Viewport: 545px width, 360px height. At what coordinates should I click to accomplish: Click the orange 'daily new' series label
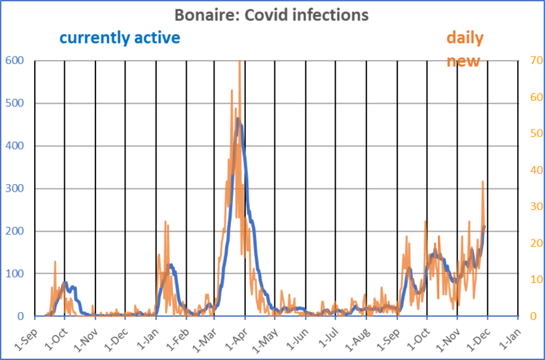(x=465, y=49)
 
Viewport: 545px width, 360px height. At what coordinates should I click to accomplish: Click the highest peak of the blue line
(x=238, y=119)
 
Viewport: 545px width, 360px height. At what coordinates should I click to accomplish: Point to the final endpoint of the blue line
(x=484, y=226)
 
